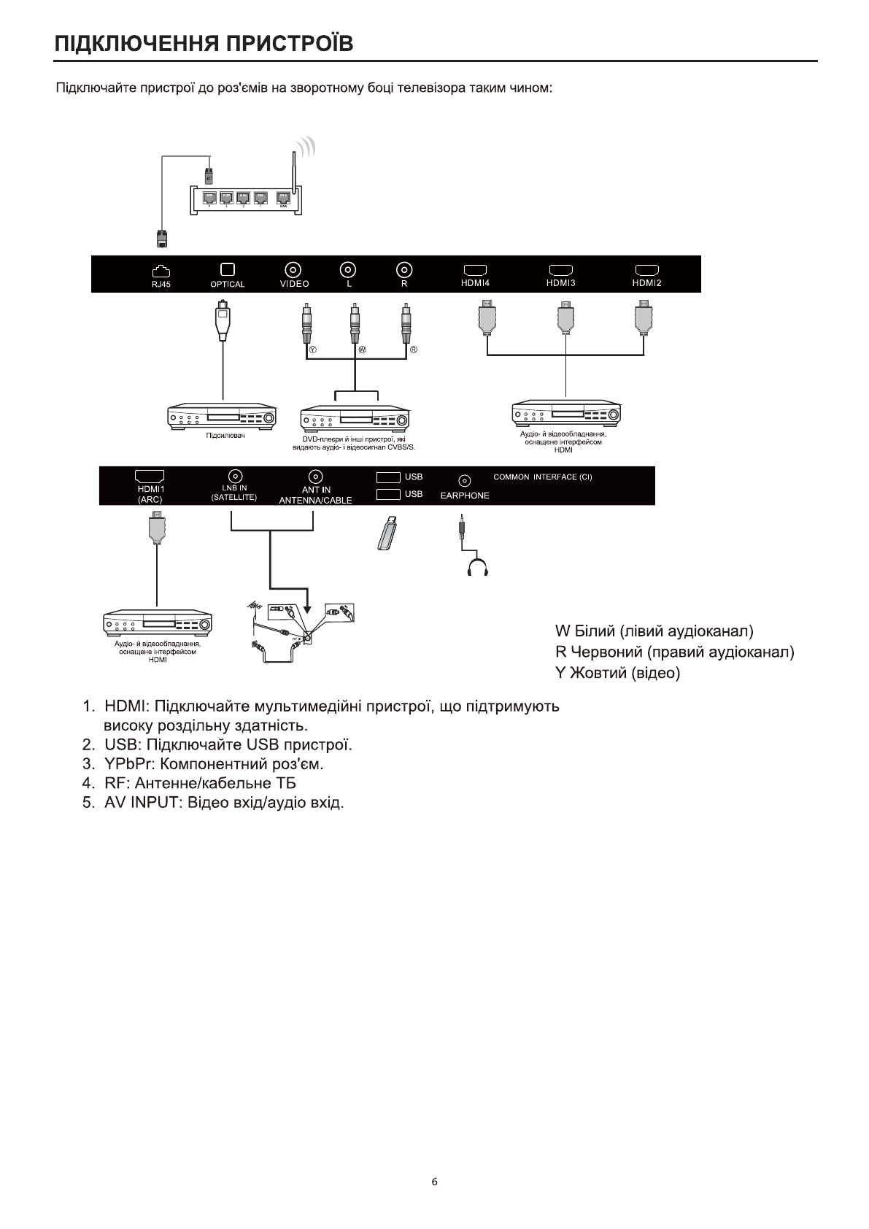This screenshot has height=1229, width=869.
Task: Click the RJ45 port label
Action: pyautogui.click(x=161, y=285)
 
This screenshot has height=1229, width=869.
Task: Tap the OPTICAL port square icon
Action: pyautogui.click(x=228, y=269)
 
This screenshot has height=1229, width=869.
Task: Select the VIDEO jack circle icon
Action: pyautogui.click(x=294, y=269)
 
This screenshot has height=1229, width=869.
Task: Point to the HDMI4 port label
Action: pyautogui.click(x=475, y=283)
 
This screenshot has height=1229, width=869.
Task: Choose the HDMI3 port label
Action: pyautogui.click(x=561, y=283)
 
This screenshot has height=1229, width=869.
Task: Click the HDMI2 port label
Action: pyautogui.click(x=646, y=283)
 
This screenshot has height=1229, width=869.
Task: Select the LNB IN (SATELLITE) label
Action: pyautogui.click(x=234, y=493)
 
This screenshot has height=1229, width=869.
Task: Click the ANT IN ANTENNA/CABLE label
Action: pyautogui.click(x=315, y=495)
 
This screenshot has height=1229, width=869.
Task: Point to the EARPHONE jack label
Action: pyautogui.click(x=465, y=496)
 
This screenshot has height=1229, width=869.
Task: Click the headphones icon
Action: pyautogui.click(x=477, y=566)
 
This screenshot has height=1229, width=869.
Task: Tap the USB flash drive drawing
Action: pyautogui.click(x=387, y=532)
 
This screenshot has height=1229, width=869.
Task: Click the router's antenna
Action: pyautogui.click(x=293, y=169)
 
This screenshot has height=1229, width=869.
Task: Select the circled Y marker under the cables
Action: pyautogui.click(x=313, y=350)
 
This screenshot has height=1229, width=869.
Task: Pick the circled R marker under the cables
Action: pyautogui.click(x=413, y=350)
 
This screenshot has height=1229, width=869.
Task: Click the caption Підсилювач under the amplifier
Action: pyautogui.click(x=224, y=436)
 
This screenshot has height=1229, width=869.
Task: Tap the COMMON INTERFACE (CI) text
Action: pyautogui.click(x=543, y=477)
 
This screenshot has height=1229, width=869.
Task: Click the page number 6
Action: pyautogui.click(x=435, y=1182)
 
